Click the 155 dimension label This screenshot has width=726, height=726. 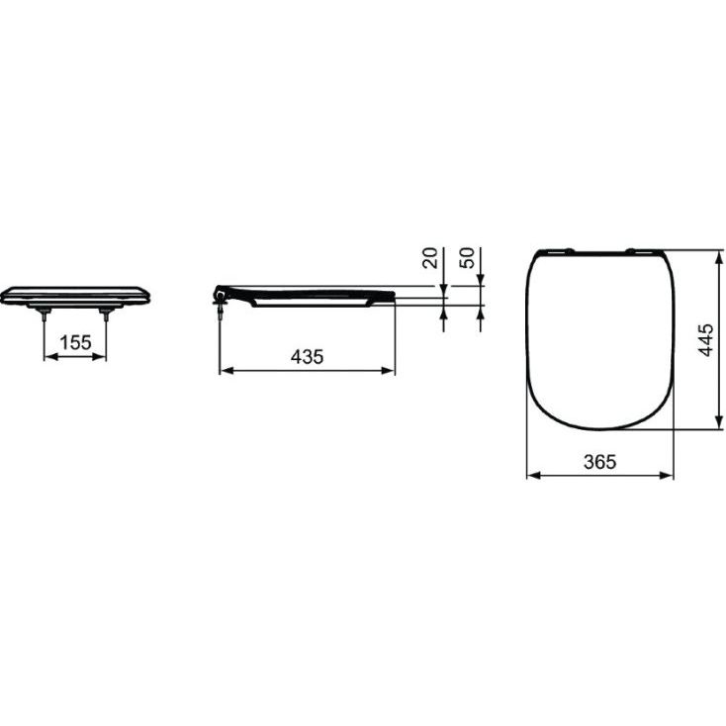(x=76, y=343)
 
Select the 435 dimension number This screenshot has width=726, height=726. (x=308, y=357)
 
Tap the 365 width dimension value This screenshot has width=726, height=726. (x=600, y=462)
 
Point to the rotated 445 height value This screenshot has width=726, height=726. (x=705, y=340)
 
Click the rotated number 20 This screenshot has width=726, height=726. (x=430, y=258)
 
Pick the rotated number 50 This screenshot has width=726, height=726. (x=468, y=258)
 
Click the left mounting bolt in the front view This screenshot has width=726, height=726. (x=44, y=314)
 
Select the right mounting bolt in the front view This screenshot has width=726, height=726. (x=106, y=314)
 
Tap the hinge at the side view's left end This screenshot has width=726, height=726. (x=220, y=298)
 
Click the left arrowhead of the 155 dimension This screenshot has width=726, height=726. (x=50, y=356)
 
